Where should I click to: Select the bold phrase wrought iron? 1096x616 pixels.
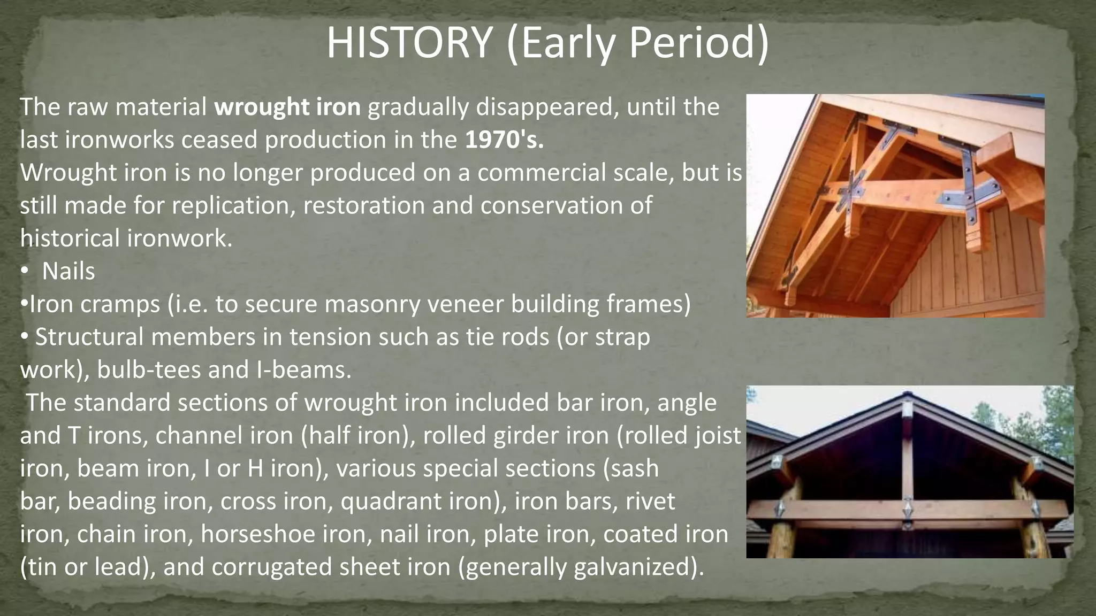(x=287, y=107)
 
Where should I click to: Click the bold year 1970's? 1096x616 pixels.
(x=504, y=140)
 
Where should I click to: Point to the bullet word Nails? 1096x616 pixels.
(x=68, y=272)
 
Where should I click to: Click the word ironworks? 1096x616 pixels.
(x=119, y=140)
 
